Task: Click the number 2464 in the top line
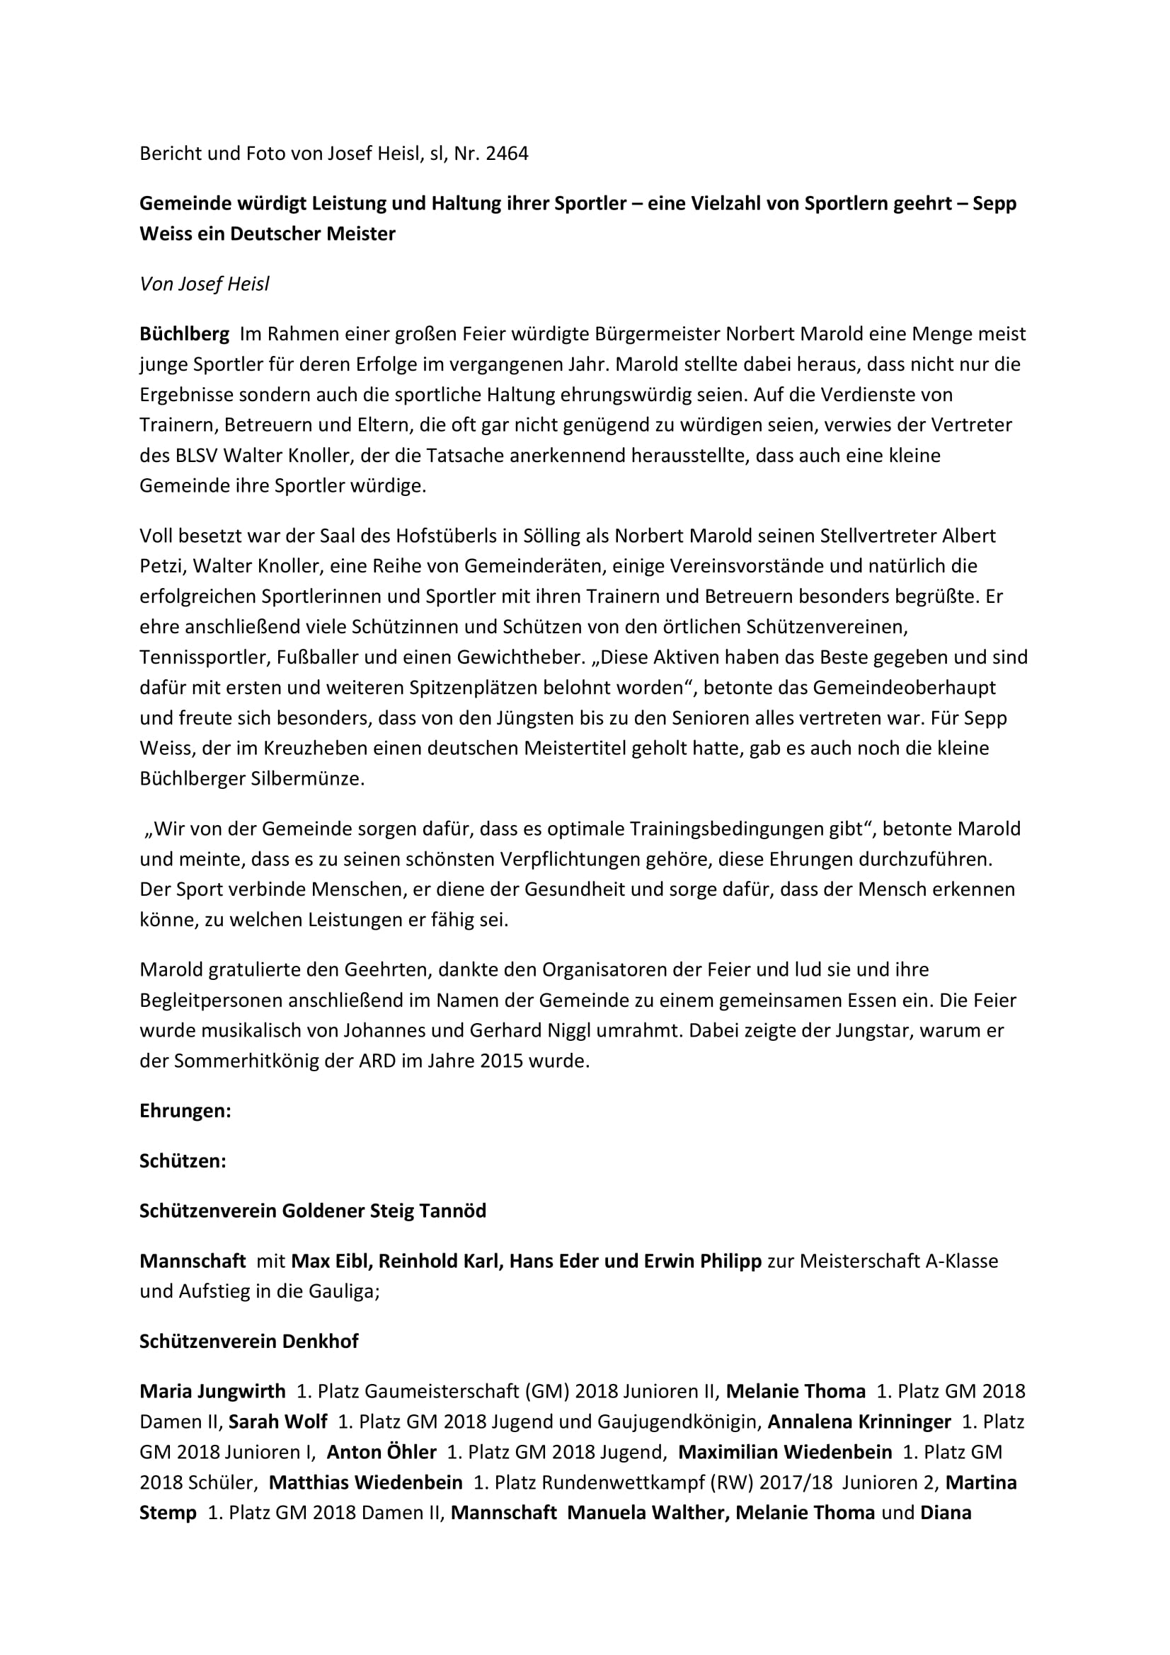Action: tap(507, 154)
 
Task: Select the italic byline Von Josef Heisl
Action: tap(204, 284)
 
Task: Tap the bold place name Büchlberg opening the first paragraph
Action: tap(185, 335)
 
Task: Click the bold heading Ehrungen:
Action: tap(185, 1112)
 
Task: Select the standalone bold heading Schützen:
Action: tap(183, 1161)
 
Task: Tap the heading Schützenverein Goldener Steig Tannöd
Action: tap(313, 1211)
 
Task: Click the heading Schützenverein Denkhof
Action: tap(248, 1342)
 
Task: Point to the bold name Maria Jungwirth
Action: tap(212, 1391)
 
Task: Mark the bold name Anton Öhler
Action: tap(382, 1452)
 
